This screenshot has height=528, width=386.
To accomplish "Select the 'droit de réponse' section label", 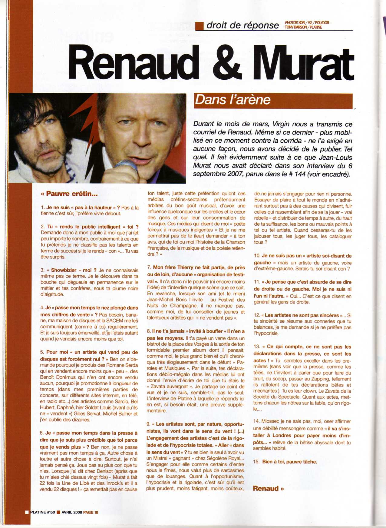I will [x=242, y=25].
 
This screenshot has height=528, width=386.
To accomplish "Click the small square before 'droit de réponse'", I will [x=199, y=26].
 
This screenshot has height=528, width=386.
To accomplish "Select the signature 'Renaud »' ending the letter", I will [x=268, y=488].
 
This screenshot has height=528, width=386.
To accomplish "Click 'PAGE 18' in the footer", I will [x=91, y=512].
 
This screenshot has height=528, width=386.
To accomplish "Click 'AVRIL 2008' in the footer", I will [x=72, y=512].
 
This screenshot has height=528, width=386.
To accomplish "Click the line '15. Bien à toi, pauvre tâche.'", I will [x=285, y=462].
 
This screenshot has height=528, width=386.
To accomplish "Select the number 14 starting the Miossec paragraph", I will [x=256, y=421].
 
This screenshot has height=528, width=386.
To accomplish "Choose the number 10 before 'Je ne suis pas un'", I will [x=257, y=256].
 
